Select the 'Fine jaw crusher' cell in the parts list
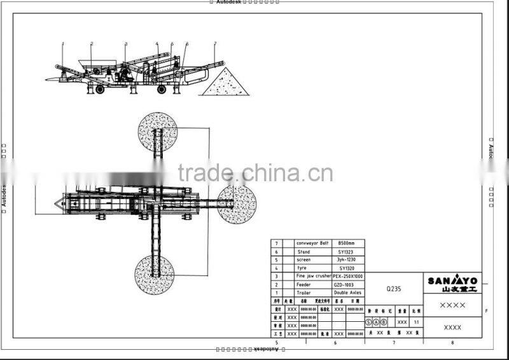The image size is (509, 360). tap(314, 276)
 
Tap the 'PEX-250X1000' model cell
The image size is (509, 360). tap(349, 276)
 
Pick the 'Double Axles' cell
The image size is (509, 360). tap(349, 293)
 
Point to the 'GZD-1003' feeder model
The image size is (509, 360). tap(349, 284)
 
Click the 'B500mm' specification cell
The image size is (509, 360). tap(349, 243)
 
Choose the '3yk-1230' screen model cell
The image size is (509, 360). tap(349, 260)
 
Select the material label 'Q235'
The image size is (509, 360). tap(394, 288)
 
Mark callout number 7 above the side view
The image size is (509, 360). tap(215, 43)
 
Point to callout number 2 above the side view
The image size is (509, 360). tap(92, 43)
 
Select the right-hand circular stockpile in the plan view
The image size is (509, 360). tap(237, 204)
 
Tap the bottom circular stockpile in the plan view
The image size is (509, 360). tap(155, 274)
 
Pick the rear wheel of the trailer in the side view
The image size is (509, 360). tap(162, 90)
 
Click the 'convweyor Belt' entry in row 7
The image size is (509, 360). tap(313, 243)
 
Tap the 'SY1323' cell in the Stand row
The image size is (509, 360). tap(349, 251)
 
